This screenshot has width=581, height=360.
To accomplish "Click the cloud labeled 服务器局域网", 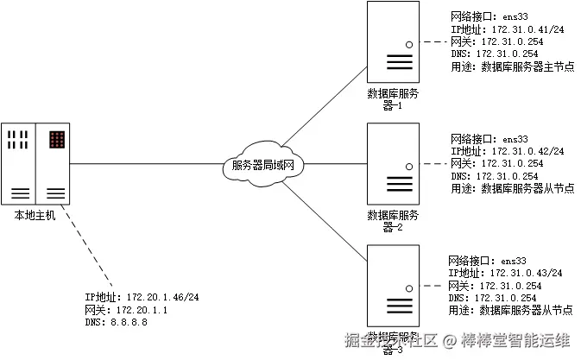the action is (x=264, y=164).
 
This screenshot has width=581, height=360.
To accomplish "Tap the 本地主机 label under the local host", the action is (x=35, y=215).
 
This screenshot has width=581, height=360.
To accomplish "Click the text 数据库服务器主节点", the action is (x=527, y=66).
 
